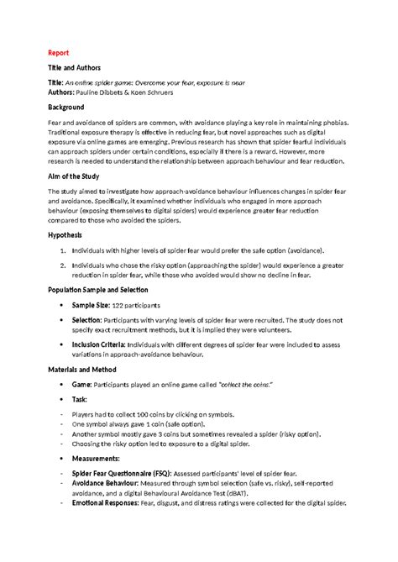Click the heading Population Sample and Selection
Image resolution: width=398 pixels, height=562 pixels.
(x=103, y=290)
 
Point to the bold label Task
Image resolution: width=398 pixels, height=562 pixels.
(x=81, y=400)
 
